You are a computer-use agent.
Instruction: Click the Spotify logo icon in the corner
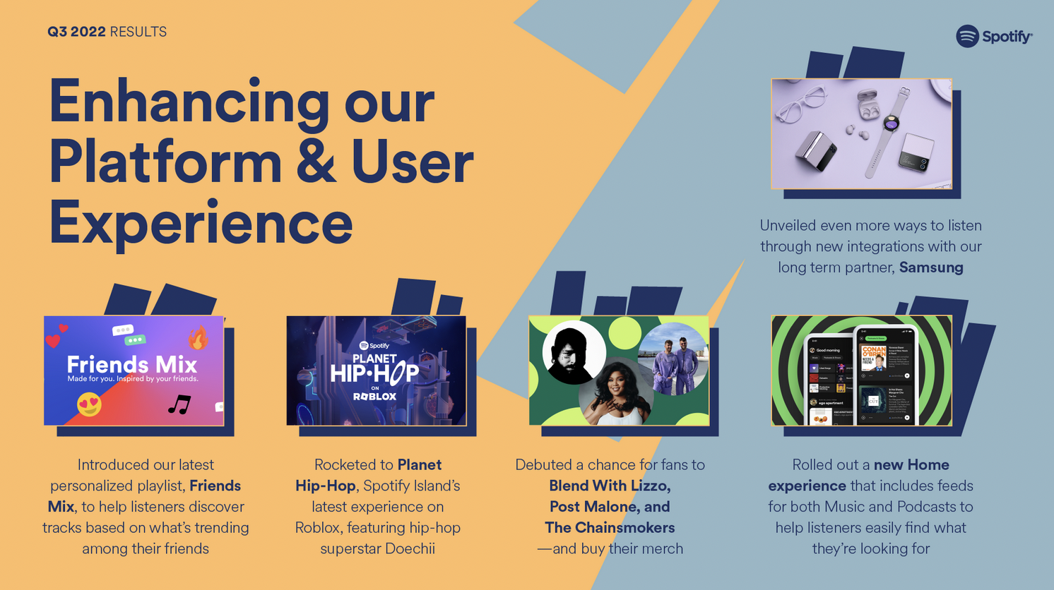pos(967,36)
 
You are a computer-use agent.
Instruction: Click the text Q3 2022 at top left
pos(76,32)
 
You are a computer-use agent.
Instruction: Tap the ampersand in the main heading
pos(316,163)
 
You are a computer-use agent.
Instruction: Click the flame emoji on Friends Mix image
pos(199,338)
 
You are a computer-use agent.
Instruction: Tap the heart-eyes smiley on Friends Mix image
pos(89,404)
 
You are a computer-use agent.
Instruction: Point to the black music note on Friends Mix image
pos(179,404)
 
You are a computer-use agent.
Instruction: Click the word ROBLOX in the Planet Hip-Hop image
pos(375,397)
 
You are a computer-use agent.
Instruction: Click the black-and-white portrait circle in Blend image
pos(573,352)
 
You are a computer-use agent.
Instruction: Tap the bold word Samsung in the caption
pos(931,267)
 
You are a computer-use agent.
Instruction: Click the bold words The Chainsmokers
pos(610,528)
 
